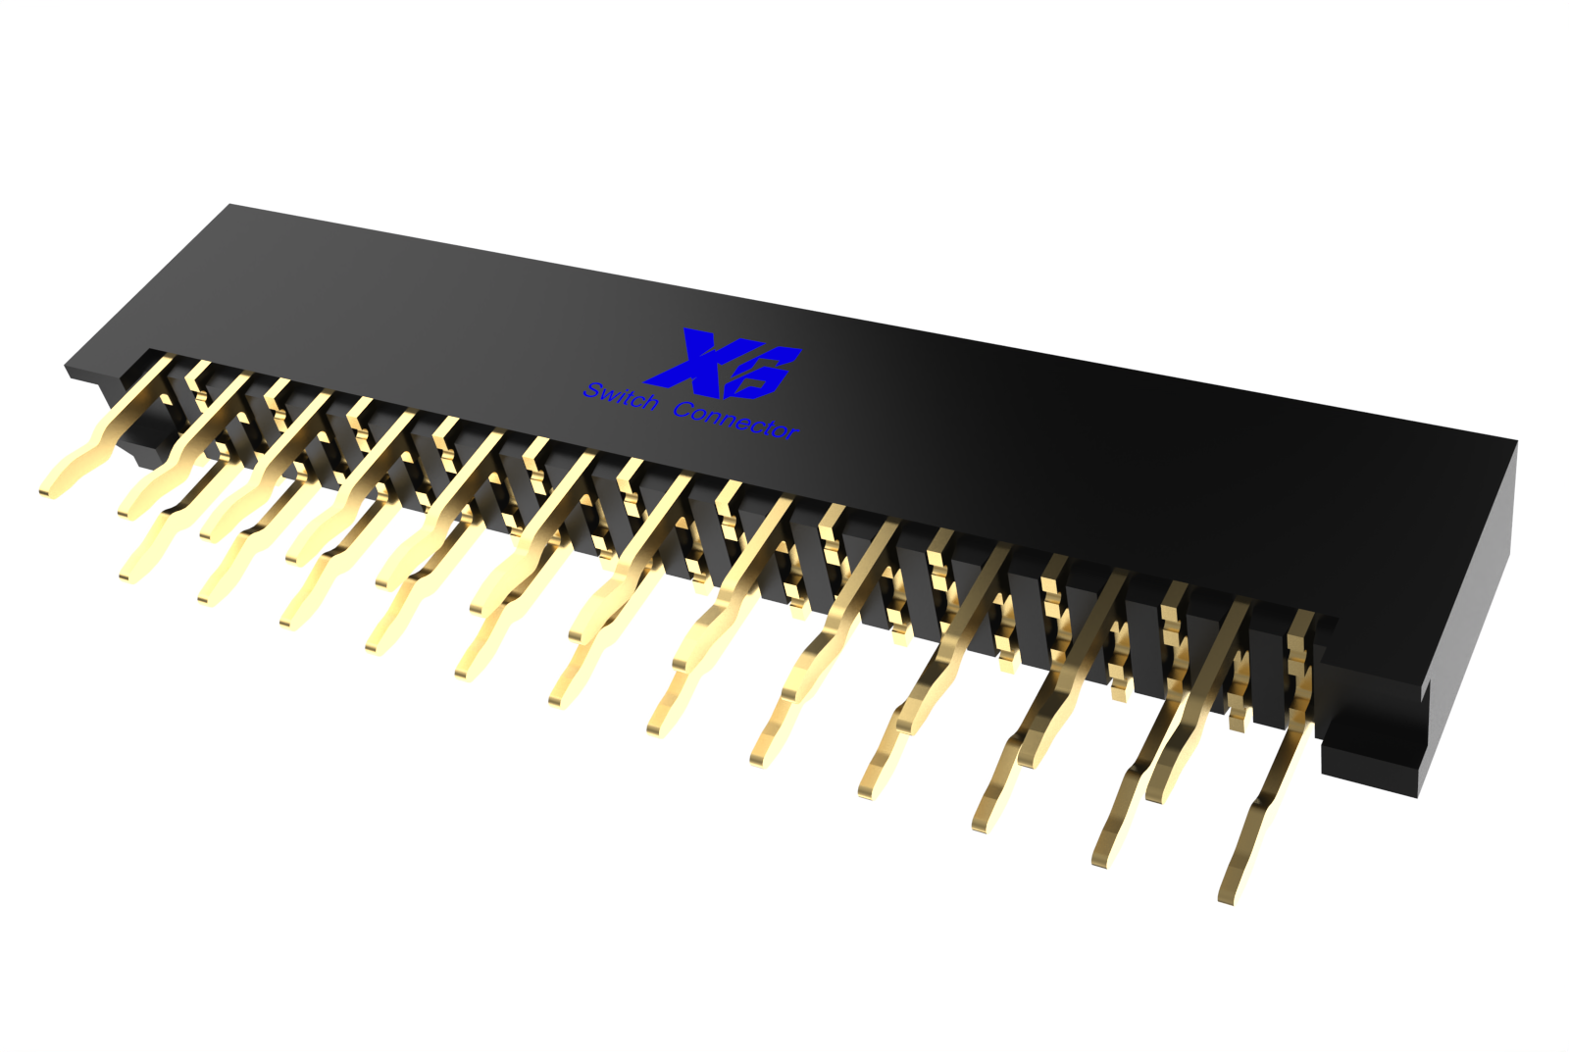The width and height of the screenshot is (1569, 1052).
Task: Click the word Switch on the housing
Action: pyautogui.click(x=621, y=397)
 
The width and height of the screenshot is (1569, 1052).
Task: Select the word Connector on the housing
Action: pyautogui.click(x=735, y=420)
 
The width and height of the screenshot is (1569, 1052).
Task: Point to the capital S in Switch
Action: pyautogui.click(x=592, y=390)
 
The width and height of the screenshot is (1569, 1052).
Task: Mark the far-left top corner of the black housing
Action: pyautogui.click(x=230, y=205)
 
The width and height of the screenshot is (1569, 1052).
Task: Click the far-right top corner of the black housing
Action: pyautogui.click(x=1516, y=442)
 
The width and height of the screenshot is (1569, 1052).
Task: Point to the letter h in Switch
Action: pyautogui.click(x=648, y=403)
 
